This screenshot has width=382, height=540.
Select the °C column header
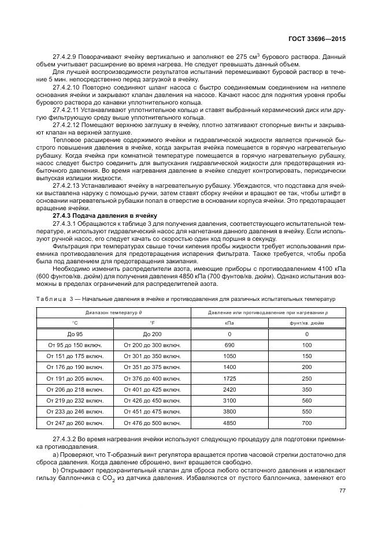(75, 323)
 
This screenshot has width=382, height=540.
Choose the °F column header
(153, 323)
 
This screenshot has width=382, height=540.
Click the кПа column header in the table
(229, 323)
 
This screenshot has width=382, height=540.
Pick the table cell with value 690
(229, 345)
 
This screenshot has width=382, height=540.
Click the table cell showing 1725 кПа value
(229, 378)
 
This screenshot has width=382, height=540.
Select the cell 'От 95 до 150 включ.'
(75, 345)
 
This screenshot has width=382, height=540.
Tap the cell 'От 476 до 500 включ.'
(153, 422)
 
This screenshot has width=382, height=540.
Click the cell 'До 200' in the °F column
(153, 334)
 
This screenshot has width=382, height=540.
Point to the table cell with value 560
(307, 400)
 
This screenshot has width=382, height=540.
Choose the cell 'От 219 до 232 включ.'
(75, 400)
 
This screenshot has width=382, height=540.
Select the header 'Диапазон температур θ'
(113, 312)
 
